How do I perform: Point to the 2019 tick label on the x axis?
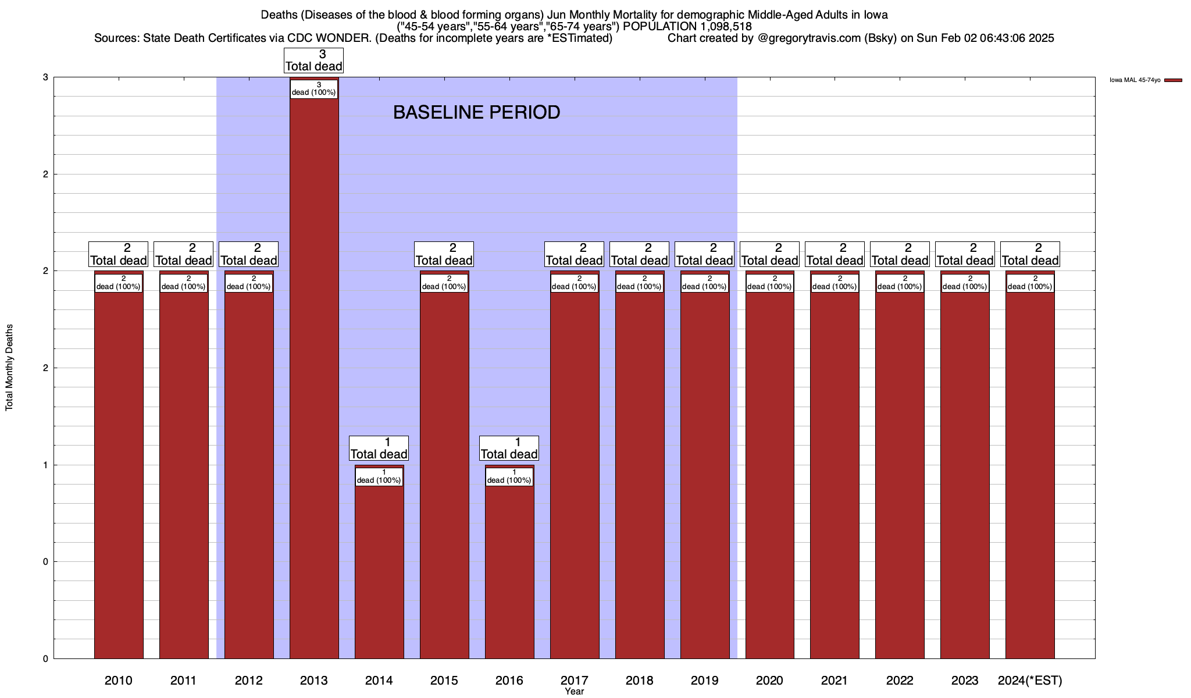tap(704, 680)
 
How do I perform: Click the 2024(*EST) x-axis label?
tap(1030, 680)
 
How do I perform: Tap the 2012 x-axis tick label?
tap(248, 680)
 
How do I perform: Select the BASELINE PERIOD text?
tap(476, 112)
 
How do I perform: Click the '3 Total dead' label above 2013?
tap(313, 60)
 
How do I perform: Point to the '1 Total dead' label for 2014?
tap(379, 448)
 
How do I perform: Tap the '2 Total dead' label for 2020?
tap(769, 254)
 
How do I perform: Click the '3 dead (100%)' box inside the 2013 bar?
tap(314, 89)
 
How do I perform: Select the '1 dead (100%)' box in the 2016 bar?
tap(509, 477)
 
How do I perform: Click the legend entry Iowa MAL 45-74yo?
tap(1135, 80)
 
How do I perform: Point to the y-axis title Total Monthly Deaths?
tap(9, 368)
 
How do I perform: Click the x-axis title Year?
tap(574, 691)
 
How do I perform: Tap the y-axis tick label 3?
tap(45, 77)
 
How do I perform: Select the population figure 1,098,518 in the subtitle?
tap(725, 26)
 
